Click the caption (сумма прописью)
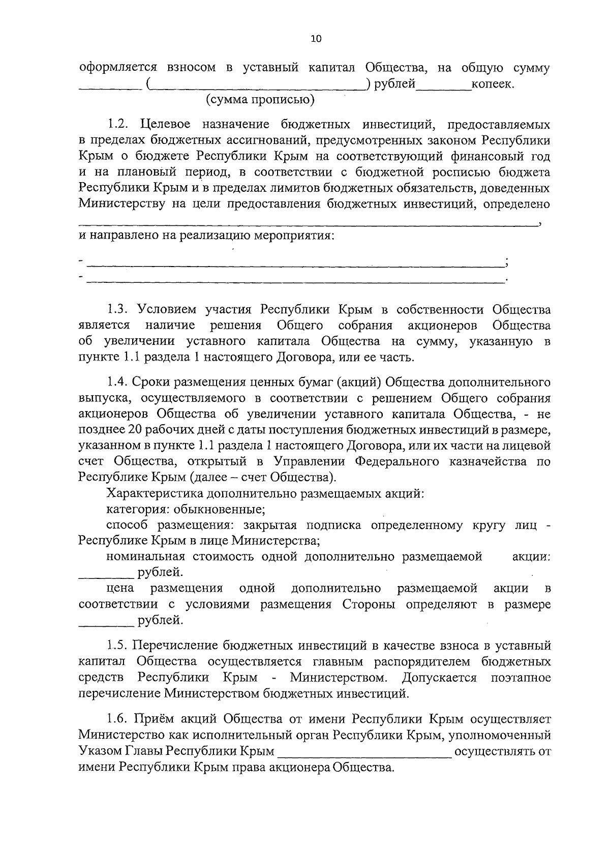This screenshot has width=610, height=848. coord(260,100)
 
